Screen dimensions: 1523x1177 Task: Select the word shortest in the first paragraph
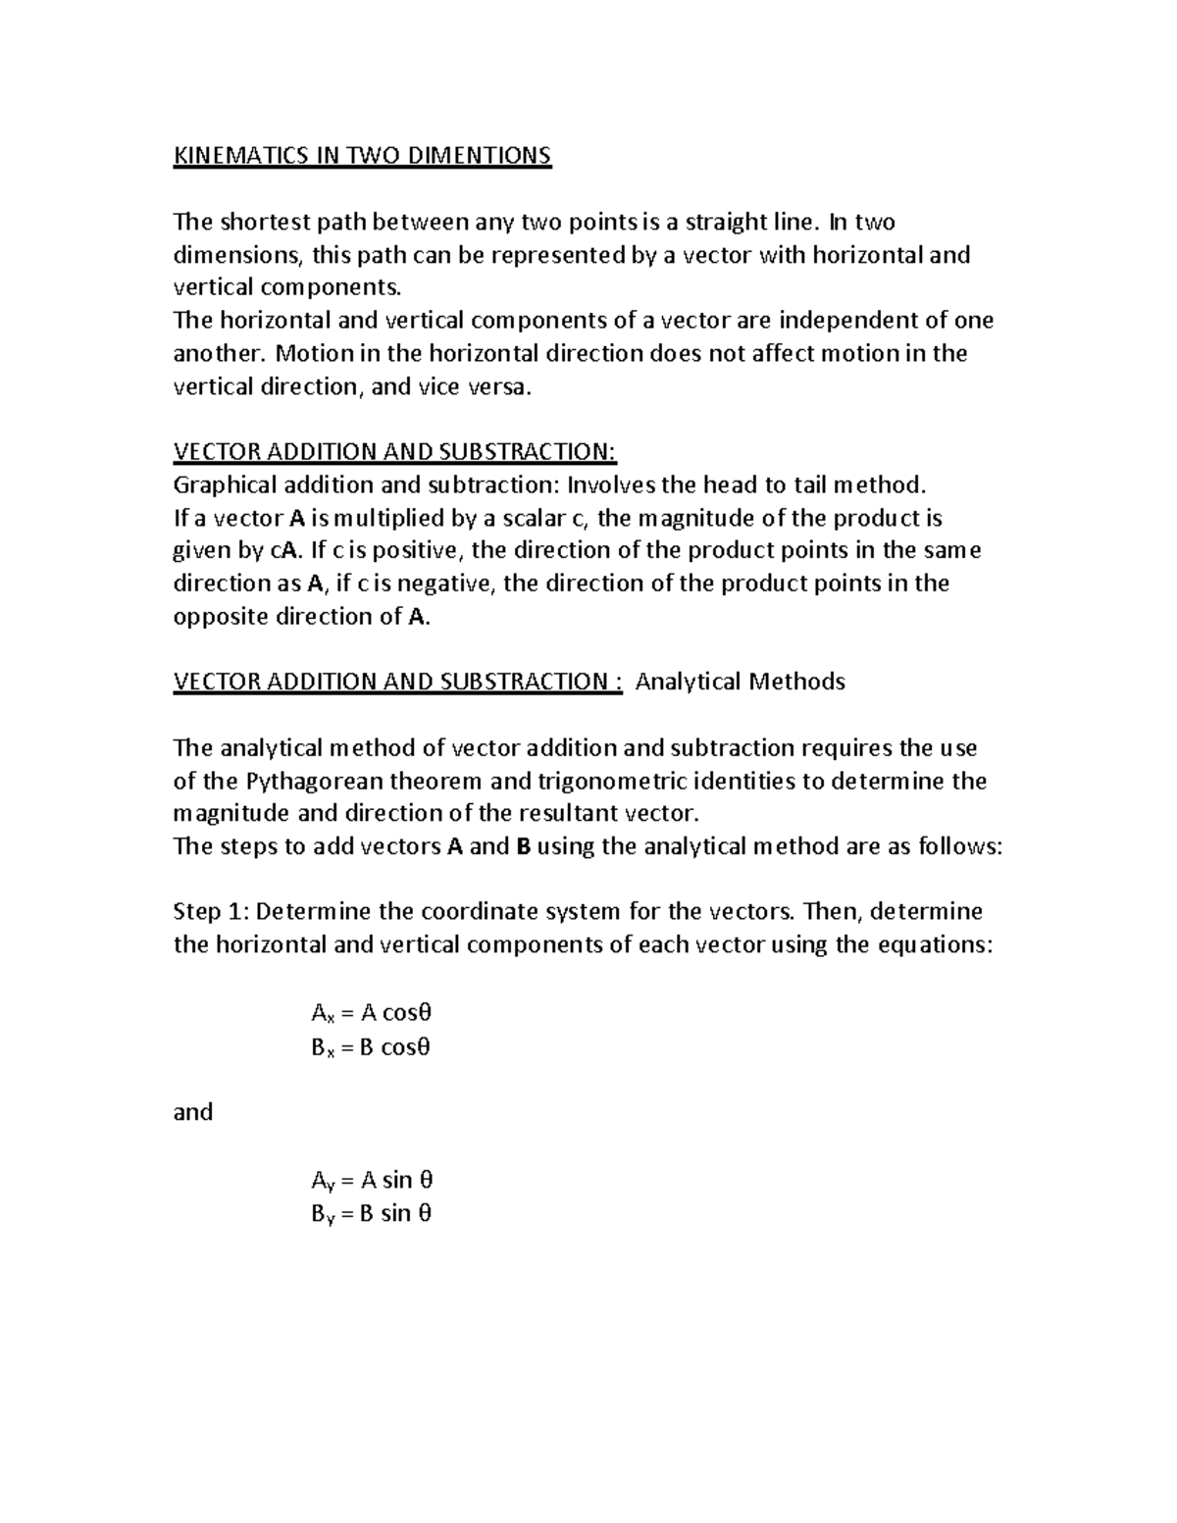(x=267, y=223)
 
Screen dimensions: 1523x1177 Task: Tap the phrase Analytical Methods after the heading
(x=741, y=682)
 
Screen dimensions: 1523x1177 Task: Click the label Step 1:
(x=211, y=912)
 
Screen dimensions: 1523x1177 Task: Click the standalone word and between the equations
(x=193, y=1112)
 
